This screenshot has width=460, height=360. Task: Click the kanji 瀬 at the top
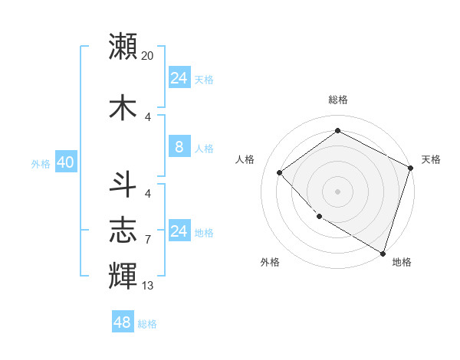[123, 46]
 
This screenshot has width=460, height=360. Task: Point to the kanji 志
[123, 230]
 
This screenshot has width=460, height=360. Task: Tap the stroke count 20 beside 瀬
[148, 56]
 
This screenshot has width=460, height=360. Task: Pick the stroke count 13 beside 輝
[148, 286]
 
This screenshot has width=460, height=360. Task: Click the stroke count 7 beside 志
[148, 240]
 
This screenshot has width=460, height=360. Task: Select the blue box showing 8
[179, 146]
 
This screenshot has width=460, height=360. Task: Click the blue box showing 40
[65, 162]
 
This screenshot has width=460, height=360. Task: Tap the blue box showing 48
[122, 322]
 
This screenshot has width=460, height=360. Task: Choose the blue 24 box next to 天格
[179, 77]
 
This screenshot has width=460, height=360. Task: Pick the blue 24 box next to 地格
[179, 231]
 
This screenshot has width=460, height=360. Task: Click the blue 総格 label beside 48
[148, 324]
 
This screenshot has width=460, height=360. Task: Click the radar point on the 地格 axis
[383, 252]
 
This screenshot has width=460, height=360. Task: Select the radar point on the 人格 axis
[280, 173]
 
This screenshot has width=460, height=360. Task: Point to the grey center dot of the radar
[337, 191]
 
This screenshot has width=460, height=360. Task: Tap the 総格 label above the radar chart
[338, 100]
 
